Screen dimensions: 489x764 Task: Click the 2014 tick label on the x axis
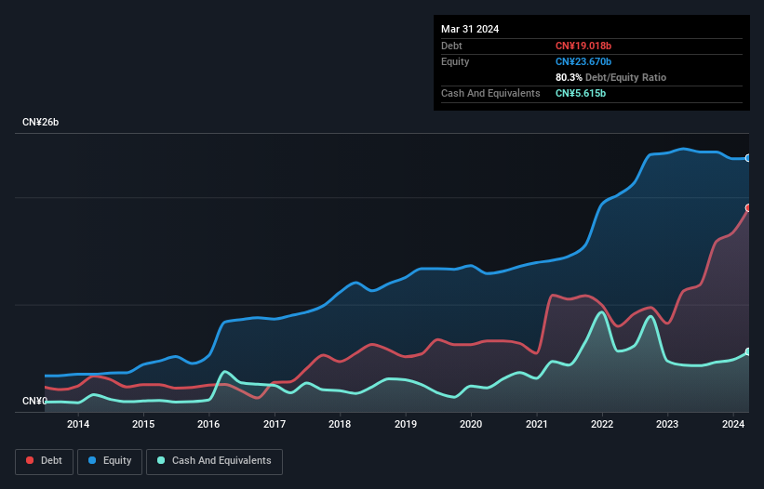click(x=78, y=425)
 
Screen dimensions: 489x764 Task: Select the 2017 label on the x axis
click(x=275, y=425)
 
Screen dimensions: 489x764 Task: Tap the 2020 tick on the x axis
click(x=471, y=425)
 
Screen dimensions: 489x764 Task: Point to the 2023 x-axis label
click(x=667, y=425)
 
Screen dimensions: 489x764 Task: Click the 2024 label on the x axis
click(x=732, y=425)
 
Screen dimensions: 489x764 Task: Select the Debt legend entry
click(x=43, y=461)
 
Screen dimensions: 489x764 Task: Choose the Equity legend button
click(x=109, y=461)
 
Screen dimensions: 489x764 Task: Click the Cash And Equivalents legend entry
click(x=214, y=461)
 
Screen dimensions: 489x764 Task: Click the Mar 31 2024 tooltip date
click(x=470, y=29)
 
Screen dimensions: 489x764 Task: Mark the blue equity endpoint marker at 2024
click(x=747, y=158)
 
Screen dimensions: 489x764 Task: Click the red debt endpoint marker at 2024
click(x=747, y=207)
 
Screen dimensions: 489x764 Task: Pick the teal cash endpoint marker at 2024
click(x=747, y=351)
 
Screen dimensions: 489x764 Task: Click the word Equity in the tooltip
click(x=455, y=61)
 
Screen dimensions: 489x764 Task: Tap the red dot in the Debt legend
click(x=31, y=461)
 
